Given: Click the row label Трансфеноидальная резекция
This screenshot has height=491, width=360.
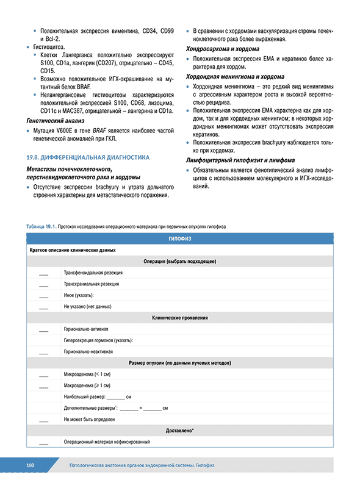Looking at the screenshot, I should [93, 273].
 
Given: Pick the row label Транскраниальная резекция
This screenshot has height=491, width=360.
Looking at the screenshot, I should [92, 284].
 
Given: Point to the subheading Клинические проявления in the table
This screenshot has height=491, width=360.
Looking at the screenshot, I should [179, 318].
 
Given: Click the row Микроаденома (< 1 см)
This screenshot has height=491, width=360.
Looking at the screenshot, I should [87, 374].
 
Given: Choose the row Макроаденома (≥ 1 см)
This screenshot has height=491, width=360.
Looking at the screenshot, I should [87, 385].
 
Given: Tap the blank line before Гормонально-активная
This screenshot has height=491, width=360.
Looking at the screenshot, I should [43, 329].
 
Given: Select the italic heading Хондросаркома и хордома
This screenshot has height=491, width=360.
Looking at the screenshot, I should [222, 49].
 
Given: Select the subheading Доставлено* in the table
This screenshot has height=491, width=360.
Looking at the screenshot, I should [179, 431].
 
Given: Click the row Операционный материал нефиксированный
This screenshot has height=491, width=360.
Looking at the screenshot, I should [107, 442].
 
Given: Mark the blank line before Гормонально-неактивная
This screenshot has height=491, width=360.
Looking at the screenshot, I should [43, 352].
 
